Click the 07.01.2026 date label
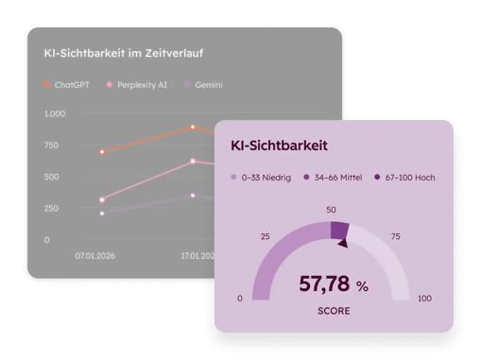click(x=97, y=255)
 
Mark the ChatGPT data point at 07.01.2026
click(x=102, y=151)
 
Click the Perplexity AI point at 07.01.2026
click(x=102, y=199)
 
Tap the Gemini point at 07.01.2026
click(x=102, y=214)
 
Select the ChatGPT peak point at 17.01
click(x=193, y=127)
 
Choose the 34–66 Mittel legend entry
click(x=335, y=177)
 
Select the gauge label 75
click(x=395, y=236)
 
